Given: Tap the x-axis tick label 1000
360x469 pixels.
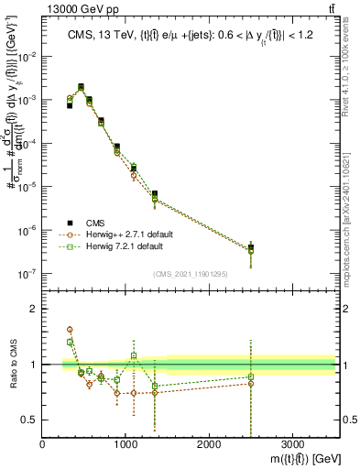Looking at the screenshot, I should (x=125, y=444).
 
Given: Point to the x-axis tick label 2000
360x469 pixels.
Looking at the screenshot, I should (x=209, y=444).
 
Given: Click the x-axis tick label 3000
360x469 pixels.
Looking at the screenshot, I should (x=292, y=444).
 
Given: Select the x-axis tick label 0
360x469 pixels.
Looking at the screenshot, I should (x=42, y=444).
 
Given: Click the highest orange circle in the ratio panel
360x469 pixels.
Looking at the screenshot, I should (x=70, y=329).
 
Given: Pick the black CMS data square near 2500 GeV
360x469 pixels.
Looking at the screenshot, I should (x=251, y=247).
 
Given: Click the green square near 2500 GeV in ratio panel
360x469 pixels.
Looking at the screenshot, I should (x=251, y=377).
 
